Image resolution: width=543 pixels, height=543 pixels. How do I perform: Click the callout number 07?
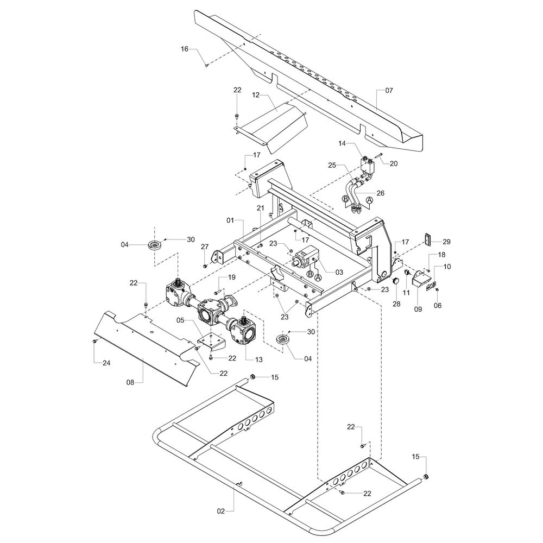[389, 90]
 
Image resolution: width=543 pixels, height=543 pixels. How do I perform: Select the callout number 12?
[256, 95]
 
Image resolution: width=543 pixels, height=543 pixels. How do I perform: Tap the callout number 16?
[185, 49]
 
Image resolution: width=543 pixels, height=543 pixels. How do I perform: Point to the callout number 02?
[221, 511]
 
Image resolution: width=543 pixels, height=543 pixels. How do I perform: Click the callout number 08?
[130, 382]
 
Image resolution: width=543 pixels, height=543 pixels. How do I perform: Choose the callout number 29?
[447, 241]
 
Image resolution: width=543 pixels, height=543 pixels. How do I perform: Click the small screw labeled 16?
[207, 66]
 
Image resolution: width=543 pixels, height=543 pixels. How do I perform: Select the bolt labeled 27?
[204, 266]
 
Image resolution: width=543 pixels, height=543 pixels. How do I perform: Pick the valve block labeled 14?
[367, 165]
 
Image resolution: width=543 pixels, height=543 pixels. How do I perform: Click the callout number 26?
[381, 192]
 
